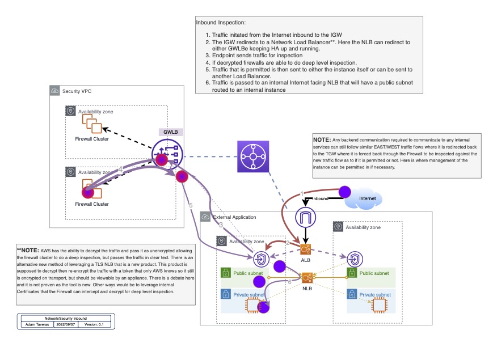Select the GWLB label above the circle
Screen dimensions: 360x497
point(171,132)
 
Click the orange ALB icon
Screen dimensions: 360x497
point(306,249)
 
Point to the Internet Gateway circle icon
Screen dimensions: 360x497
point(306,218)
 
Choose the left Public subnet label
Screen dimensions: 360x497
point(248,273)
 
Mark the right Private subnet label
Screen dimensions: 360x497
point(374,295)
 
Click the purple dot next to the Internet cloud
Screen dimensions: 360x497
point(344,193)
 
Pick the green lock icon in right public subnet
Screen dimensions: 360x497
point(352,273)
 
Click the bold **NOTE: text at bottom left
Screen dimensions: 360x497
point(29,250)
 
